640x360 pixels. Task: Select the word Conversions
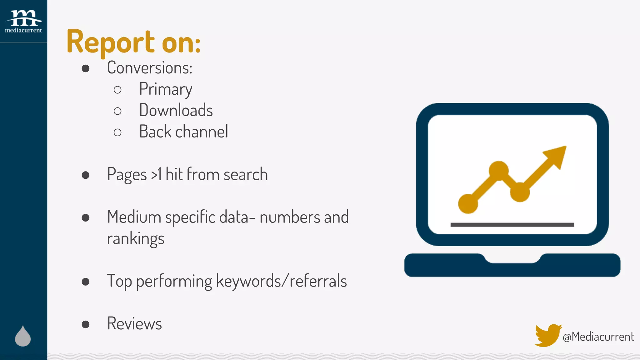tap(149, 68)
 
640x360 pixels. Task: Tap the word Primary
tap(166, 89)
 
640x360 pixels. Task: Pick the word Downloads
tap(176, 110)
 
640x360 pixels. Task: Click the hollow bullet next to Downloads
tap(117, 111)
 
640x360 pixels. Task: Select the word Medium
tap(134, 217)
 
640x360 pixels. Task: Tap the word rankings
tap(136, 239)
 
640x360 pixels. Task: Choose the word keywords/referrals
tap(281, 281)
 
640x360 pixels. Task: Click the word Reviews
tap(134, 323)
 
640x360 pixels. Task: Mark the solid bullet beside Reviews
tap(86, 324)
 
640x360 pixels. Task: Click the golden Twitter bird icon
tap(547, 335)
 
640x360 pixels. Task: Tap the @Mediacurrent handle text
tap(598, 337)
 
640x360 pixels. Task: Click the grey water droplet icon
tap(23, 337)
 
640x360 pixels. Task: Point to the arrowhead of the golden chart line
tap(557, 155)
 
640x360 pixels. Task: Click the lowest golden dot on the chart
tap(468, 204)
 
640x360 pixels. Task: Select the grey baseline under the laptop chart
tap(512, 225)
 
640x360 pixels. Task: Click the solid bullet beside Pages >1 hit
tap(86, 175)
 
